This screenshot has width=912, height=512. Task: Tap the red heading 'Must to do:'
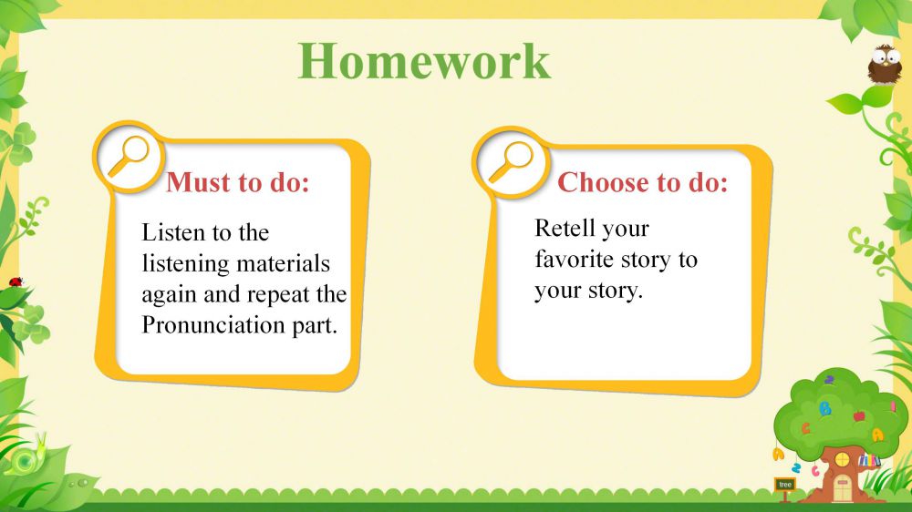pos(238,182)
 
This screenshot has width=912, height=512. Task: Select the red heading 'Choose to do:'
pos(643,182)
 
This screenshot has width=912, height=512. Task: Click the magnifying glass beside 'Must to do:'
pos(129,156)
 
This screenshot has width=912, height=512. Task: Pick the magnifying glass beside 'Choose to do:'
pos(511,162)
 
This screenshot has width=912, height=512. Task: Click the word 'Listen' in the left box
pos(173,232)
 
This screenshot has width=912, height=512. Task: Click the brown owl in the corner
pos(884,64)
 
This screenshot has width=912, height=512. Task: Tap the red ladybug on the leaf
pos(16,282)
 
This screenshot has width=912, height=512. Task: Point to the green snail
pos(28,456)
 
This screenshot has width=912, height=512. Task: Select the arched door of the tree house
pos(842,488)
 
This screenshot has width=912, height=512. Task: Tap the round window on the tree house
pos(842,460)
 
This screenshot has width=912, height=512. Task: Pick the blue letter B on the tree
pos(824,408)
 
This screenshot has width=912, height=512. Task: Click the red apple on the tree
pos(859,415)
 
